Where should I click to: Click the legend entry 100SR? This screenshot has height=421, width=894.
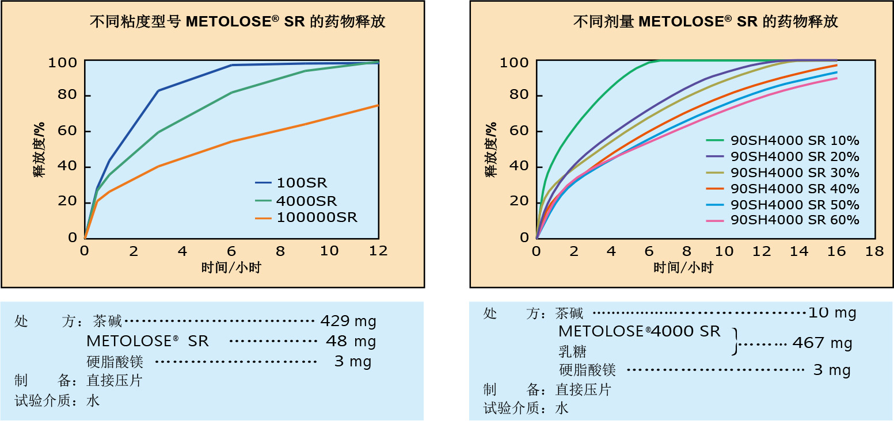coord(302,183)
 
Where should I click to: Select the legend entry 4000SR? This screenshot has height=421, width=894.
coord(307,201)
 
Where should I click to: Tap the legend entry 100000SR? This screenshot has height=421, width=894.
coord(317,217)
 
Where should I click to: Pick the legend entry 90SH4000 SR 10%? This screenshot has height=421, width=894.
coord(794,140)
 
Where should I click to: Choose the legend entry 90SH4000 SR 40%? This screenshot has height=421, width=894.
coord(794,189)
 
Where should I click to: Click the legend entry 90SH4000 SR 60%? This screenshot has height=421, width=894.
coord(794,220)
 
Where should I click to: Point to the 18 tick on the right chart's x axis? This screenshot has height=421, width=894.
coord(874,251)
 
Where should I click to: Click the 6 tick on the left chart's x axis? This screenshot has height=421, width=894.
coord(231,251)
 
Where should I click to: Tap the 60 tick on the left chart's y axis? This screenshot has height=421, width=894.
coord(68,131)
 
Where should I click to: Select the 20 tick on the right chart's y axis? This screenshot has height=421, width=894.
coord(520,201)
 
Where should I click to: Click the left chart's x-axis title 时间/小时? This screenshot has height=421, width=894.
coord(231,267)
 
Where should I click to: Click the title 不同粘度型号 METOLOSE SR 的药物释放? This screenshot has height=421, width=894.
coord(238,22)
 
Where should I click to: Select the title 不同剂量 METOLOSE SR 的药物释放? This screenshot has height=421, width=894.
coord(705,22)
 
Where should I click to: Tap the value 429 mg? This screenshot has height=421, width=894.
coord(348,320)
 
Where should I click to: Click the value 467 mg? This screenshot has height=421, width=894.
coord(822,343)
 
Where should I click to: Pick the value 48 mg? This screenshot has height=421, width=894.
coord(351,342)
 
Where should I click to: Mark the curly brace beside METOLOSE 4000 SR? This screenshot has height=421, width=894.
coord(734,342)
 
